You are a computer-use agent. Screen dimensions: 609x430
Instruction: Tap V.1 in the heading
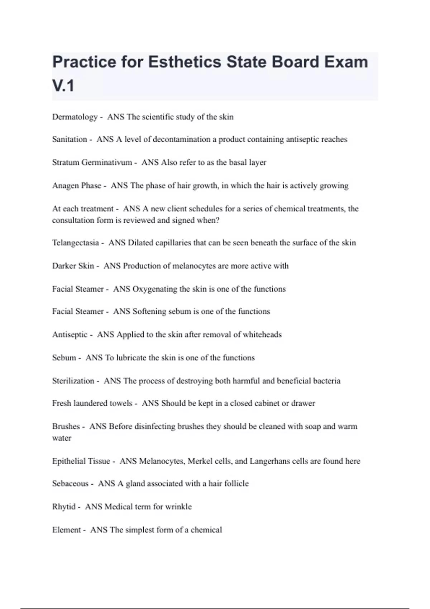click(x=63, y=86)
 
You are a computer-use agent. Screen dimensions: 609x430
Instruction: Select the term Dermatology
click(x=75, y=117)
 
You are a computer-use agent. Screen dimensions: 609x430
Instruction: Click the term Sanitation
click(x=70, y=139)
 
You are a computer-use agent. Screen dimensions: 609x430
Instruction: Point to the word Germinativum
click(x=106, y=163)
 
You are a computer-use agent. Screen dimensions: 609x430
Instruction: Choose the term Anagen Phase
click(x=77, y=186)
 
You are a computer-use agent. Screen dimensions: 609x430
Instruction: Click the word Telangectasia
click(x=75, y=243)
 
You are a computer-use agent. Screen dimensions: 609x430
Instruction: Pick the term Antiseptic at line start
click(x=70, y=335)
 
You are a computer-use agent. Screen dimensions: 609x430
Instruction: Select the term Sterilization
click(x=73, y=381)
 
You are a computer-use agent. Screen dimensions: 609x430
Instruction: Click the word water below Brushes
click(x=62, y=438)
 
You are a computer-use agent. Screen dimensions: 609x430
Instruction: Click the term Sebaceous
click(x=70, y=484)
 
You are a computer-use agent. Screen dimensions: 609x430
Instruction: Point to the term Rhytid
click(x=64, y=507)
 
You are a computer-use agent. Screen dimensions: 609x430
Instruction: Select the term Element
click(x=66, y=530)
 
